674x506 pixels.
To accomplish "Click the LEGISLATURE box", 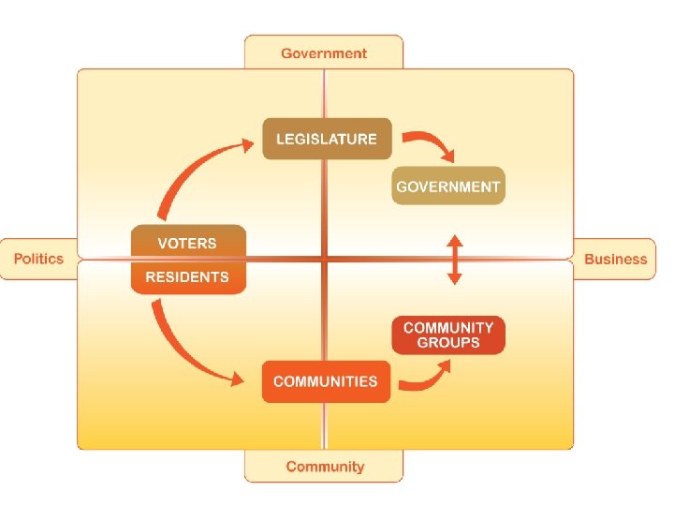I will point(326,139).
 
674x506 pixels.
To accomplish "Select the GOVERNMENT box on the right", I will point(447,186).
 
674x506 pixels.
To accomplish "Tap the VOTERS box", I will point(187,243).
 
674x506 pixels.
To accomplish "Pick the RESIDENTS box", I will point(187,277).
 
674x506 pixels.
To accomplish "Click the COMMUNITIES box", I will point(326,381).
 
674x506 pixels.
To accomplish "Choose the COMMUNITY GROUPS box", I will point(447,335).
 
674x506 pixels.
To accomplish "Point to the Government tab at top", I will point(324,53).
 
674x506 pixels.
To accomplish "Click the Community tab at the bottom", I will point(324,466).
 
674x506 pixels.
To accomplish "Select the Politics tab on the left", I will point(39,259).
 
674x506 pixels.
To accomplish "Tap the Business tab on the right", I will point(615,259).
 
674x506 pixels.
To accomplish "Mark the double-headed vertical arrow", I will point(454,260).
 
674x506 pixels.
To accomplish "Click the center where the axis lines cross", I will point(324,259).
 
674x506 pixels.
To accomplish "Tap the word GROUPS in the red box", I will point(447,343).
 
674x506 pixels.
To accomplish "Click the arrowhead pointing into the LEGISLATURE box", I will point(248,143).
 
